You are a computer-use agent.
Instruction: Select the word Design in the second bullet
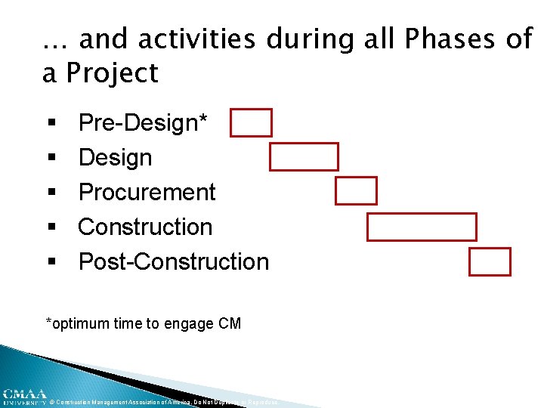115,158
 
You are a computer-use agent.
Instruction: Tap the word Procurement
147,193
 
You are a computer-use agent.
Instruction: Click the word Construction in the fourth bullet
145,227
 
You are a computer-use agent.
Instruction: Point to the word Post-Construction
173,262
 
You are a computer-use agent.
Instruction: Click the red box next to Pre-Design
251,122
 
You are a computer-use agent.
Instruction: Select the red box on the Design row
304,156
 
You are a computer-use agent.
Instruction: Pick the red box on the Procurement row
356,191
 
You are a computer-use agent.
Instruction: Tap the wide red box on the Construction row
422,227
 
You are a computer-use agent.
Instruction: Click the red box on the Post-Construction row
490,262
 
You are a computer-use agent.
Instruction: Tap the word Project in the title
112,73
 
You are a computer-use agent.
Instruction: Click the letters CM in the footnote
230,324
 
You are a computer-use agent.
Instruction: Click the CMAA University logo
23,397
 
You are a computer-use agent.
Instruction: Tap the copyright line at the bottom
163,403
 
